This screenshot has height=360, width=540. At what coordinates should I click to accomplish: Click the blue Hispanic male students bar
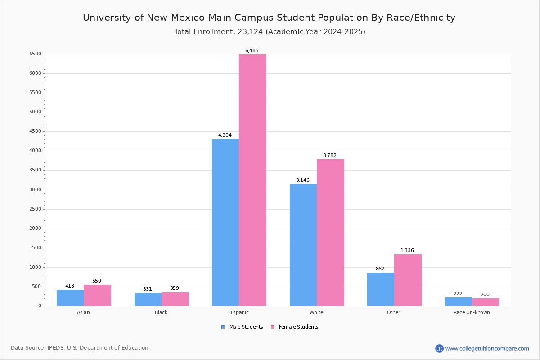click(225, 223)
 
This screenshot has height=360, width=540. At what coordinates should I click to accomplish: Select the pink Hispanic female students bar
click(252, 180)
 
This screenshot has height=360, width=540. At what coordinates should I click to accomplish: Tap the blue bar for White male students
click(303, 245)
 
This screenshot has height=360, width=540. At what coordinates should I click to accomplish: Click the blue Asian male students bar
click(70, 298)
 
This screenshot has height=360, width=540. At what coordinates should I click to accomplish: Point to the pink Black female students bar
click(175, 299)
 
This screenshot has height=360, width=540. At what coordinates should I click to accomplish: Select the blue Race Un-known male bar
click(459, 302)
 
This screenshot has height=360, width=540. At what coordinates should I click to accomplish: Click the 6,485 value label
click(252, 51)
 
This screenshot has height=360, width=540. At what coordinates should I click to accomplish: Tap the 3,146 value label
click(303, 180)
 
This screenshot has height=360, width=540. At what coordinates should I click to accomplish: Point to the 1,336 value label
click(407, 251)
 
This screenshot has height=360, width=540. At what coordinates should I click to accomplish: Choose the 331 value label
click(148, 289)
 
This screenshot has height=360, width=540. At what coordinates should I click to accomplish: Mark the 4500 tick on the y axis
click(35, 131)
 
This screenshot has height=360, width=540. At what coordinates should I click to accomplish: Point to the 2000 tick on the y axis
click(35, 229)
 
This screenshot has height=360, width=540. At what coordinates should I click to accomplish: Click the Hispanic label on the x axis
click(238, 312)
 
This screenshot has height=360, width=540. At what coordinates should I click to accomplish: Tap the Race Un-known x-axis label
click(472, 312)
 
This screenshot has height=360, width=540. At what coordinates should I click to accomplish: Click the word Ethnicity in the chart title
click(432, 18)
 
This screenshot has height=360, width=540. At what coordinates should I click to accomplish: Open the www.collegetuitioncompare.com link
click(487, 348)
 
